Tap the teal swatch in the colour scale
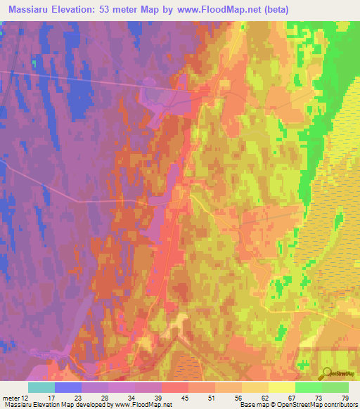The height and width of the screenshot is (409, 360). click(x=41, y=387)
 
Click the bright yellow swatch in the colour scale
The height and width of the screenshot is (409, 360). click(x=281, y=387)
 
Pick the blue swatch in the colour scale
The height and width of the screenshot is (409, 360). click(x=67, y=387)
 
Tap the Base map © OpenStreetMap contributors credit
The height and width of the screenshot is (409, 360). click(x=298, y=405)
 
